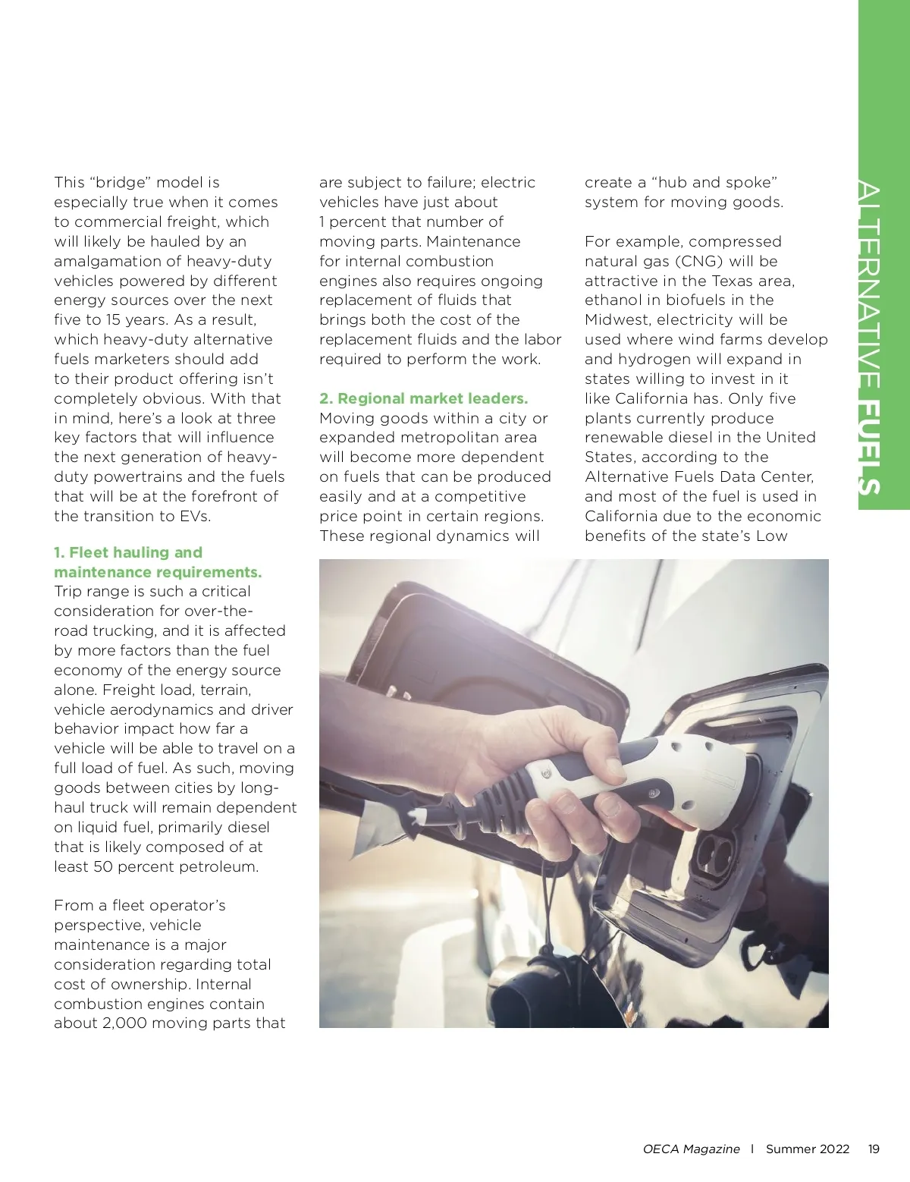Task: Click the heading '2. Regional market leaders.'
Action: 423,398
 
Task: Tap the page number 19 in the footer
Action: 874,1149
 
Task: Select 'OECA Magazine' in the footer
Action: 691,1149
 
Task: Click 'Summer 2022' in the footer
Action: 807,1149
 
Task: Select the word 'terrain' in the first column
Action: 224,690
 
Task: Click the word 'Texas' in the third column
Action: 734,281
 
